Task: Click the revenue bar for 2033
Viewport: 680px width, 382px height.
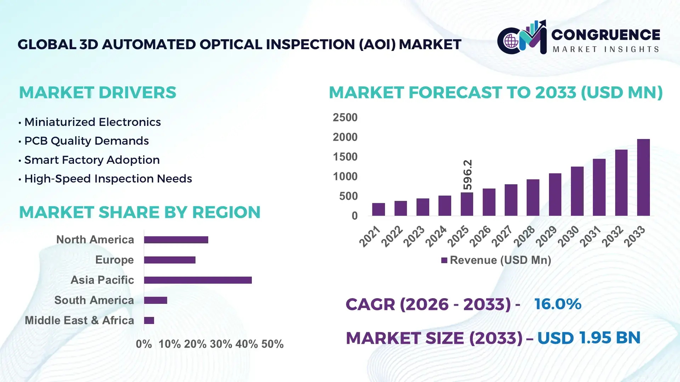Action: point(643,178)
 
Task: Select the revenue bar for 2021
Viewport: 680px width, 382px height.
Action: point(378,209)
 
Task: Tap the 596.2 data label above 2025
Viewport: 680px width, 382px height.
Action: point(467,175)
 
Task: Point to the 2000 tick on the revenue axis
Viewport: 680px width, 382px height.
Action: point(345,137)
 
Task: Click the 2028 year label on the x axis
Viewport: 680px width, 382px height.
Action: point(524,236)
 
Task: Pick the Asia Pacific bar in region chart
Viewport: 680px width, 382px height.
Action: point(198,280)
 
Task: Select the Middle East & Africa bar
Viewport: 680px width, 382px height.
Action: point(149,320)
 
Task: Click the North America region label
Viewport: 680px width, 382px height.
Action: point(95,240)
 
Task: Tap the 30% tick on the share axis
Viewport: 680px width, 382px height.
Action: point(221,344)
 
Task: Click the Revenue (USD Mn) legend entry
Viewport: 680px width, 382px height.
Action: point(496,260)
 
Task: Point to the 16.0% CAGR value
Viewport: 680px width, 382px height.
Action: point(557,304)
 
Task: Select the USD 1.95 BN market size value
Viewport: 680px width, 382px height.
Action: point(589,338)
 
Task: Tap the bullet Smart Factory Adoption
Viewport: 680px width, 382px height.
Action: point(92,160)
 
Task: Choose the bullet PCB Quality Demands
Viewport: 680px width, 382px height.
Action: point(86,141)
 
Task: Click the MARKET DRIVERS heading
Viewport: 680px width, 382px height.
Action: point(97,93)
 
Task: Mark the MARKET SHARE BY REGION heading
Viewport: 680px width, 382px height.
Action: point(140,212)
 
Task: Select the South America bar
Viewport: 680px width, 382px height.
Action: point(155,300)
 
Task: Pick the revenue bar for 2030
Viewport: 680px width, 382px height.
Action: point(577,191)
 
